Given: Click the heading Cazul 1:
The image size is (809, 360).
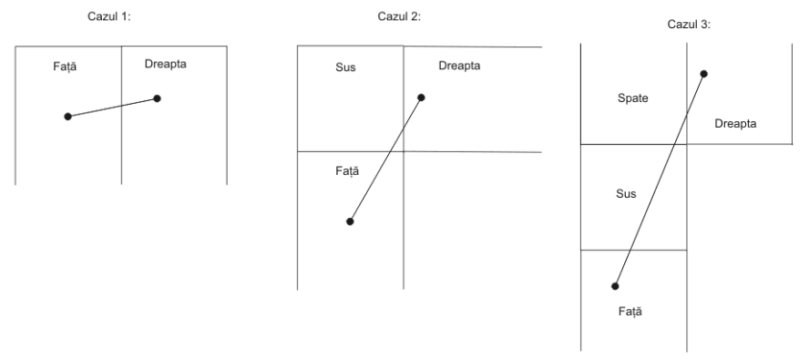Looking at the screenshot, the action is pyautogui.click(x=109, y=16).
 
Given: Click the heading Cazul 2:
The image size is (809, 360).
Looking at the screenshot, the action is pyautogui.click(x=399, y=16).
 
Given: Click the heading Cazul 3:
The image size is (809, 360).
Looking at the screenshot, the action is pyautogui.click(x=689, y=25).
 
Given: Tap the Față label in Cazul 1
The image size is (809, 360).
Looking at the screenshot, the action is pyautogui.click(x=65, y=67).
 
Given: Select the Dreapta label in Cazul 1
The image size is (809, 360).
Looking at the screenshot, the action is pyautogui.click(x=165, y=64).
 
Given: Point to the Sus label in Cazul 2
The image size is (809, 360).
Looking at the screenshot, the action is pyautogui.click(x=345, y=67).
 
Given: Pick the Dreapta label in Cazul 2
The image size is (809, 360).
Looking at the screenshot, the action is pyautogui.click(x=459, y=66).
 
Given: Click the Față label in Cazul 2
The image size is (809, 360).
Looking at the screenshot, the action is pyautogui.click(x=347, y=171).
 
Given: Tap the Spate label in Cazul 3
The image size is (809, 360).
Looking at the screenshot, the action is pyautogui.click(x=632, y=98).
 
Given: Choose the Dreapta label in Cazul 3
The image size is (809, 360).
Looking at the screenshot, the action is pyautogui.click(x=735, y=123).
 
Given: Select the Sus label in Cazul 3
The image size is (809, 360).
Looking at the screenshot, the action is pyautogui.click(x=626, y=194).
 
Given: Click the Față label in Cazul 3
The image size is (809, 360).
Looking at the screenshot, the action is pyautogui.click(x=630, y=312).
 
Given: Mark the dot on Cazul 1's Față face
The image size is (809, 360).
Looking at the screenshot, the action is pyautogui.click(x=67, y=117).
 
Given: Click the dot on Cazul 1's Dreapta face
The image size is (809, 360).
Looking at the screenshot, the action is pyautogui.click(x=158, y=98).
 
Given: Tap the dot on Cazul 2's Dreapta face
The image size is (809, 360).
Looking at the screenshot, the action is pyautogui.click(x=421, y=98).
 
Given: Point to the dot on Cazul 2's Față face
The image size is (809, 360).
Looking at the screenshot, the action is pyautogui.click(x=350, y=221).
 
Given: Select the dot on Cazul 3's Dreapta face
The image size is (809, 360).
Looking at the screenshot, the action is pyautogui.click(x=703, y=74).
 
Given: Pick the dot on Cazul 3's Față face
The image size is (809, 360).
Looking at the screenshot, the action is pyautogui.click(x=615, y=286).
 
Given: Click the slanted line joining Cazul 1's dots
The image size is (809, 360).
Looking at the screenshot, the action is pyautogui.click(x=112, y=108).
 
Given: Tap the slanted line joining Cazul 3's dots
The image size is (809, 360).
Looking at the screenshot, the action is pyautogui.click(x=660, y=180).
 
